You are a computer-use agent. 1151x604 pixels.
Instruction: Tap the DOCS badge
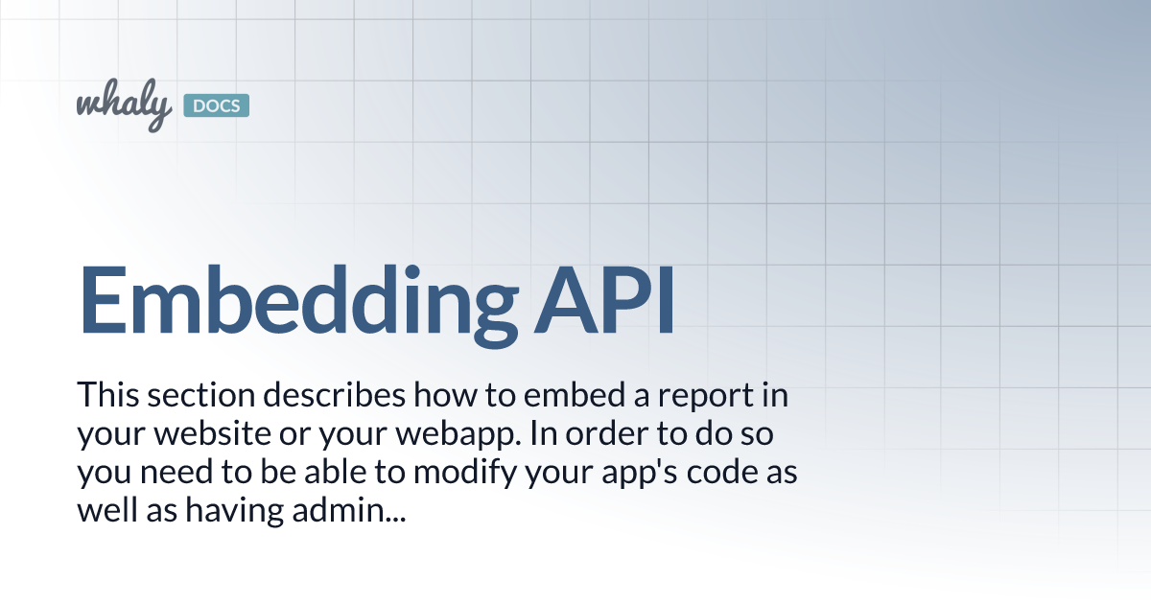pos(215,105)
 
